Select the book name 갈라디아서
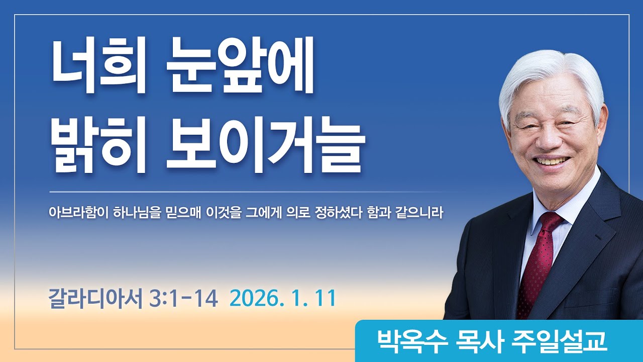(x=96, y=299)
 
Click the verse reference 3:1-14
(x=184, y=299)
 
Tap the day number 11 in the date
(x=325, y=299)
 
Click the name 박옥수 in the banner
(x=399, y=341)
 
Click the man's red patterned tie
(x=538, y=261)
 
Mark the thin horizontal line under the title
(x=251, y=192)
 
